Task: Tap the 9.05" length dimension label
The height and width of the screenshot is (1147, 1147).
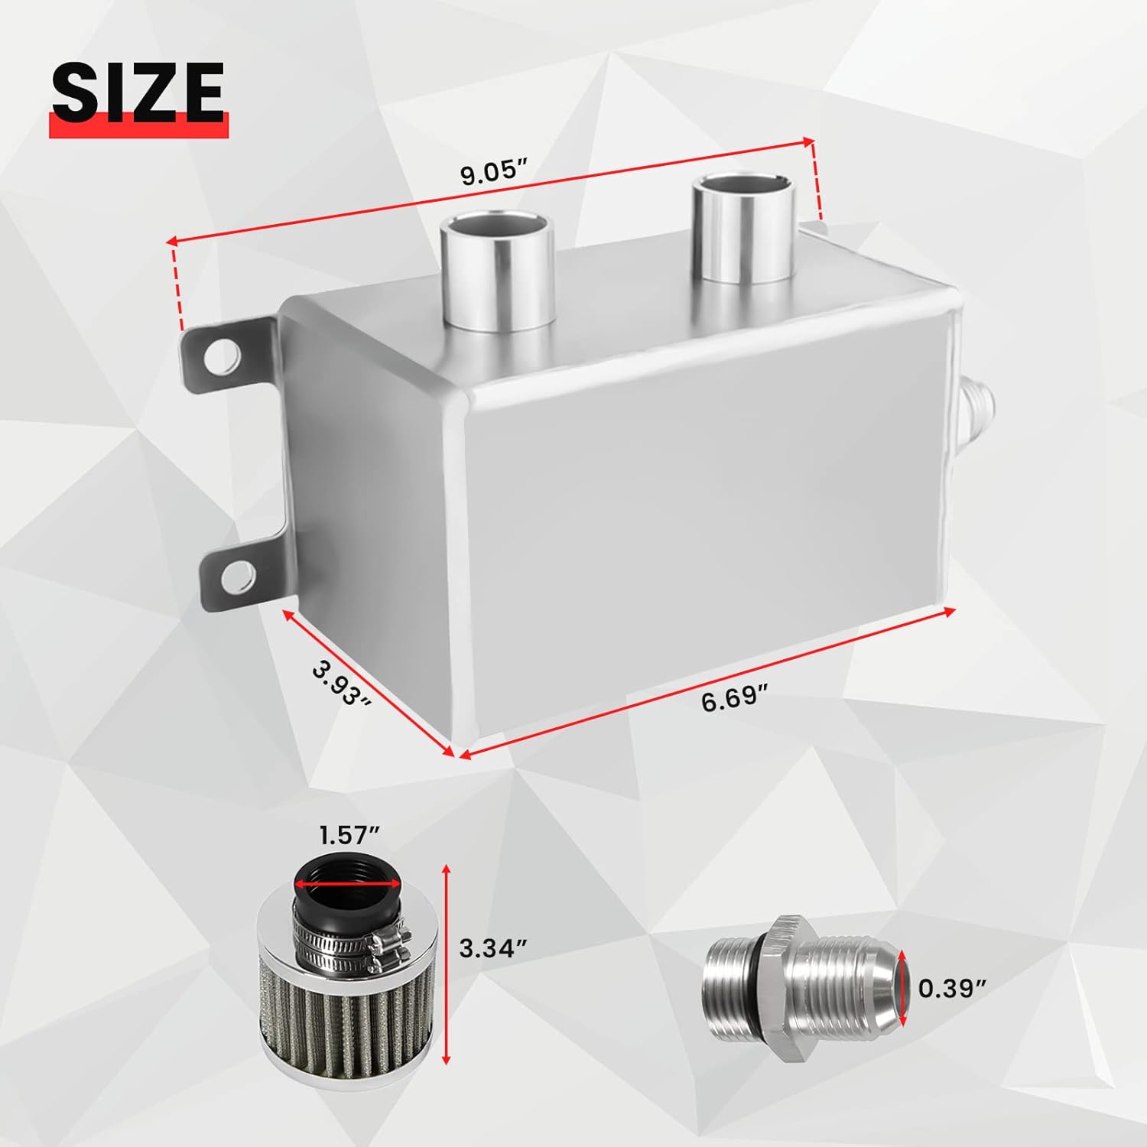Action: [495, 172]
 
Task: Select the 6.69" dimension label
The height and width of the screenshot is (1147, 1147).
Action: [734, 697]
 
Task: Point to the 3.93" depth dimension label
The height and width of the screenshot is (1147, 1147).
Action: [342, 683]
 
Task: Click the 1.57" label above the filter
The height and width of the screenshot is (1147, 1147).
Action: [349, 836]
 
